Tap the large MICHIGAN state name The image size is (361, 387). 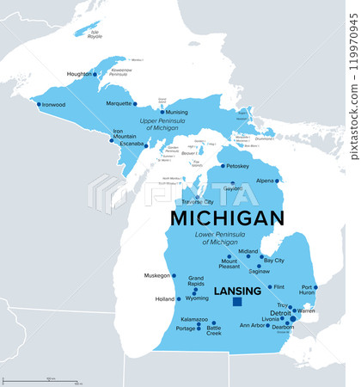[227, 218]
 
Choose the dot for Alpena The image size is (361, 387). [277, 181]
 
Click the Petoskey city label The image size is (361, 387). [235, 165]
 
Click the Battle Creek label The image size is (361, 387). [213, 330]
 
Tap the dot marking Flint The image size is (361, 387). [270, 286]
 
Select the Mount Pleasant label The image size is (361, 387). [229, 263]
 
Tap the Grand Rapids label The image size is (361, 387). [196, 280]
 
